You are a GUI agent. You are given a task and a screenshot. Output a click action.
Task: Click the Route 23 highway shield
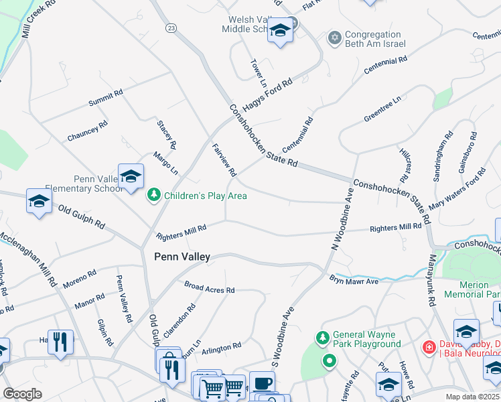(x=172, y=27)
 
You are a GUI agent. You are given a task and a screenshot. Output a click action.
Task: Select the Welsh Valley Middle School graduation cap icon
(x=280, y=31)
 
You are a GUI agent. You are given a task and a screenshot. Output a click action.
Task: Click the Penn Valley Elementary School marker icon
(x=131, y=177)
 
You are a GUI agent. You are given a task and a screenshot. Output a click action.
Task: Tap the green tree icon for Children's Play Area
(x=154, y=196)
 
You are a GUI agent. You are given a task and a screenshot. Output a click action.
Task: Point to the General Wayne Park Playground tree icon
(x=323, y=337)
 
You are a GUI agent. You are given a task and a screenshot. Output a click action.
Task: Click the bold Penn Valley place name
(x=182, y=257)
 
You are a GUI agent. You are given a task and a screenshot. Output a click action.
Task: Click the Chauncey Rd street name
(x=87, y=131)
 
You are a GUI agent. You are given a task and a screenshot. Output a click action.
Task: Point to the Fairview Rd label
(x=224, y=159)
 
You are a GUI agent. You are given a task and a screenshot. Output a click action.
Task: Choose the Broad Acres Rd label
(x=210, y=287)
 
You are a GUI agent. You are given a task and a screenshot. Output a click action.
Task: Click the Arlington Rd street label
(x=221, y=348)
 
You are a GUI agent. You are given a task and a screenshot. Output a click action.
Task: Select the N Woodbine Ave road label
(x=341, y=220)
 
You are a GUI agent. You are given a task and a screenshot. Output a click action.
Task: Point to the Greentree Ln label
(x=382, y=109)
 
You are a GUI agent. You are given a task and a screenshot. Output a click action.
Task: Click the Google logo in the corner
(x=22, y=393)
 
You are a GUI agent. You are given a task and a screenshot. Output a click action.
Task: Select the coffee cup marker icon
(x=262, y=383)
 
